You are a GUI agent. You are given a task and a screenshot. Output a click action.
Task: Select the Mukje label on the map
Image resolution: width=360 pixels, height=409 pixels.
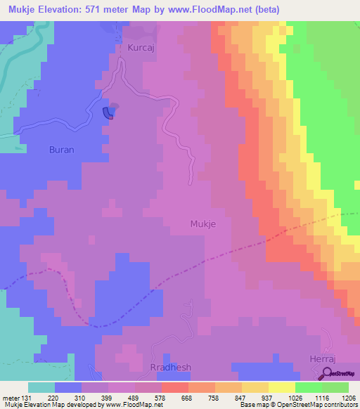pos(203,224)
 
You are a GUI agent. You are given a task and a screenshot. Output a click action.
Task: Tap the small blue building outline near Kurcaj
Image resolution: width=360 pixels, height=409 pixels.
pos(108,112)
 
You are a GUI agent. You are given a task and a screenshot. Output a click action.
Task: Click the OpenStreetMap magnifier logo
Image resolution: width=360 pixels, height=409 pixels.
pos(328,375)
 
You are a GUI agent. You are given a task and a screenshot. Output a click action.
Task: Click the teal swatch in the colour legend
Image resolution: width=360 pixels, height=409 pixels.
pos(41,387)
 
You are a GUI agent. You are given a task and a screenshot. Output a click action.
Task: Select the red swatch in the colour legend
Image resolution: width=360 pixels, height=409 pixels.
pos(175,387)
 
